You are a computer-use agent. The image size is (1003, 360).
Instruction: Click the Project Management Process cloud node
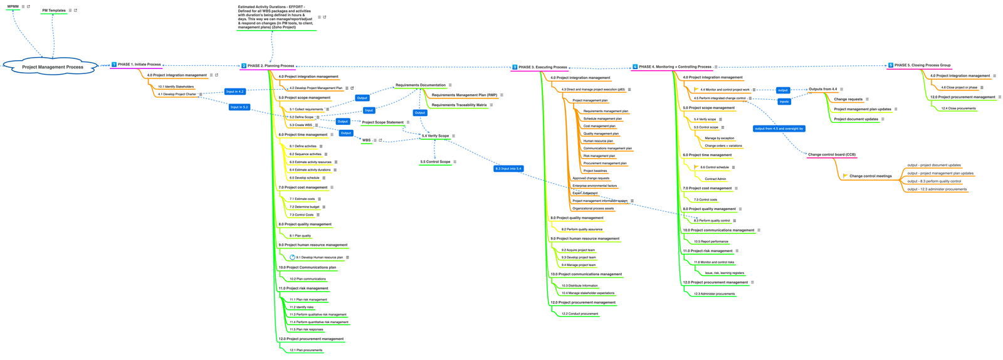click(52, 67)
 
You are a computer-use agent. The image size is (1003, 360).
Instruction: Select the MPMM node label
click(13, 7)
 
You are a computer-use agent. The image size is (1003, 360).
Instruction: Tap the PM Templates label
click(54, 11)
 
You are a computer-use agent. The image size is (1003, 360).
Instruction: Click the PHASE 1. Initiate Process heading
click(139, 65)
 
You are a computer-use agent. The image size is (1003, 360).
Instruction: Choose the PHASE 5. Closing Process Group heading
click(922, 65)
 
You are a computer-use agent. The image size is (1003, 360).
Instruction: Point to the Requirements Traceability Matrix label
click(459, 105)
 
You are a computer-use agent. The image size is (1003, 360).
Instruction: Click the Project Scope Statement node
click(382, 122)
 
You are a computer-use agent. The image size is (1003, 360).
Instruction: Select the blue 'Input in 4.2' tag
click(235, 92)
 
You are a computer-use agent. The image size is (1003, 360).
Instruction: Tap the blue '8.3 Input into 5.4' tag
click(508, 169)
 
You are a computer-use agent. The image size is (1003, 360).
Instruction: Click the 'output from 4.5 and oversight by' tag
click(779, 129)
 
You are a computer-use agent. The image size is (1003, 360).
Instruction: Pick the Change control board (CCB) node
click(831, 154)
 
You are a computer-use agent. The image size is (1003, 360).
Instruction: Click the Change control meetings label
click(870, 176)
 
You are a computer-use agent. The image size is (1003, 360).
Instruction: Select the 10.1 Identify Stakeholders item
click(176, 87)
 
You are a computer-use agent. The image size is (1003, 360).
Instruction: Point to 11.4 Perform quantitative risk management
click(318, 322)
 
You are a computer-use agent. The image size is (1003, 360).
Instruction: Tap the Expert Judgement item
click(585, 193)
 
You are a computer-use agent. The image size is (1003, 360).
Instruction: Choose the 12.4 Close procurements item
click(958, 109)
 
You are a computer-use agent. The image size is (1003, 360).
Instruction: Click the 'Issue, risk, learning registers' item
click(724, 273)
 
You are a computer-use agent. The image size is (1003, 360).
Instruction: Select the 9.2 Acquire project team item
click(578, 250)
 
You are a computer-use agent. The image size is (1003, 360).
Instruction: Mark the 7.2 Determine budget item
click(304, 207)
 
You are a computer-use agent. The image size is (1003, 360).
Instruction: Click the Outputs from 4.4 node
click(822, 89)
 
